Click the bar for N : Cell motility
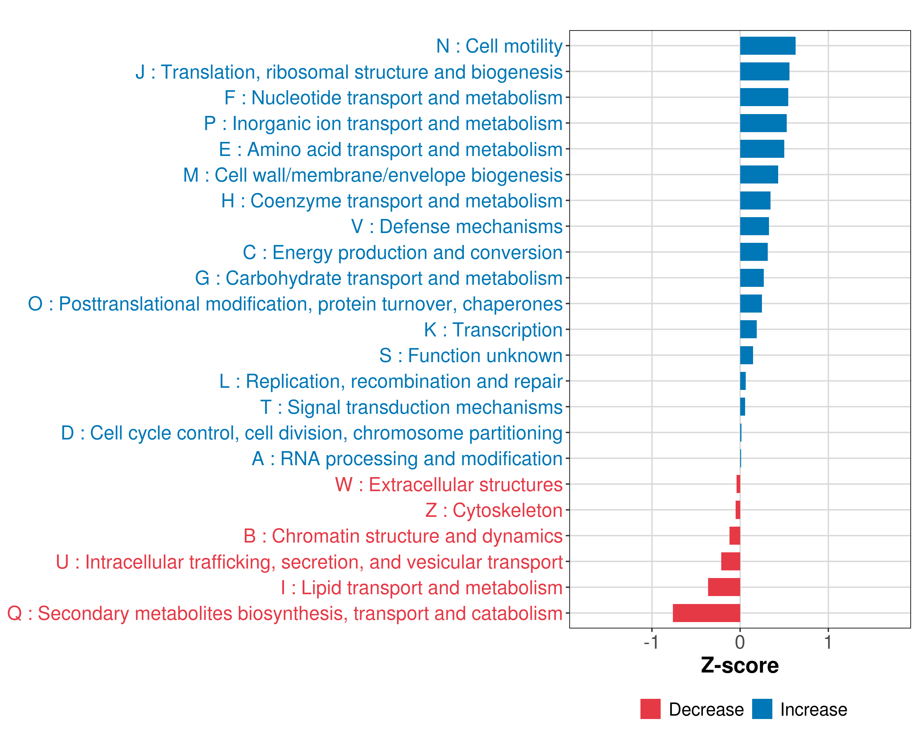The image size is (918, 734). [x=767, y=46]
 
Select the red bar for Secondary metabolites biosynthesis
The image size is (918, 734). [x=706, y=613]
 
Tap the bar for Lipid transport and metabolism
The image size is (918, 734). [x=724, y=587]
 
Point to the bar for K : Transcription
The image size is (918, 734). [x=748, y=329]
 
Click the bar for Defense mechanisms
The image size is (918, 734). [x=754, y=226]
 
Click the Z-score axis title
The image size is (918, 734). [x=740, y=665]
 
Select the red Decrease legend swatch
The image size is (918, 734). [x=650, y=709]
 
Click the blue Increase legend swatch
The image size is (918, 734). [x=762, y=709]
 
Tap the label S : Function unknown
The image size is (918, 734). [x=471, y=355]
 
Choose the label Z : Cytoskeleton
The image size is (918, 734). [x=494, y=510]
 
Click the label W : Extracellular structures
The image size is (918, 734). [x=449, y=485]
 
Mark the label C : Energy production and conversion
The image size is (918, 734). [x=402, y=252]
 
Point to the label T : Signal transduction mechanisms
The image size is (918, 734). [x=411, y=407]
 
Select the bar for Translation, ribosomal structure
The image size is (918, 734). [x=764, y=72]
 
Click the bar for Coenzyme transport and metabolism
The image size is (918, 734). [x=755, y=200]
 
